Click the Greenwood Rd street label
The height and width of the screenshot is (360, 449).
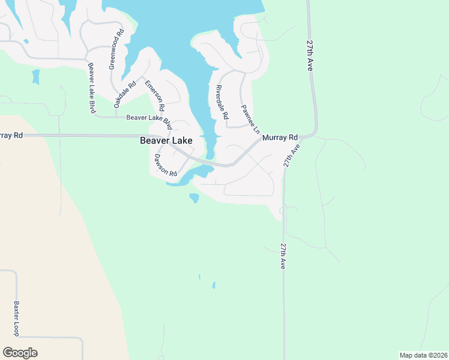116,49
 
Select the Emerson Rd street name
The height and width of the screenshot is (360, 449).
154,95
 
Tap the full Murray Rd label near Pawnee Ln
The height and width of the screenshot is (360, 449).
280,137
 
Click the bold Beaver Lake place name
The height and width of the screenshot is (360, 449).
166,141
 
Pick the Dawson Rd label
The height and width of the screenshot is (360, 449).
166,165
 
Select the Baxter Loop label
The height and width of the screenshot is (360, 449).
17,318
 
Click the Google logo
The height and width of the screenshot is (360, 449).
20,353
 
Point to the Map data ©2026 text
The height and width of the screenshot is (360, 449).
423,355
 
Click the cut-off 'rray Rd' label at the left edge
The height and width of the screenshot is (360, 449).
11,136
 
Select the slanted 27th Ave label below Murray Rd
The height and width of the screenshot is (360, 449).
291,155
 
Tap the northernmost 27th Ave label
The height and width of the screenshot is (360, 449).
310,56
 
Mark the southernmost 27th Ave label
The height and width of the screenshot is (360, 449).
282,256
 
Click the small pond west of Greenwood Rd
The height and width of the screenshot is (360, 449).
35,76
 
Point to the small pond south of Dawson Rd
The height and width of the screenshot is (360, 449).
194,197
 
